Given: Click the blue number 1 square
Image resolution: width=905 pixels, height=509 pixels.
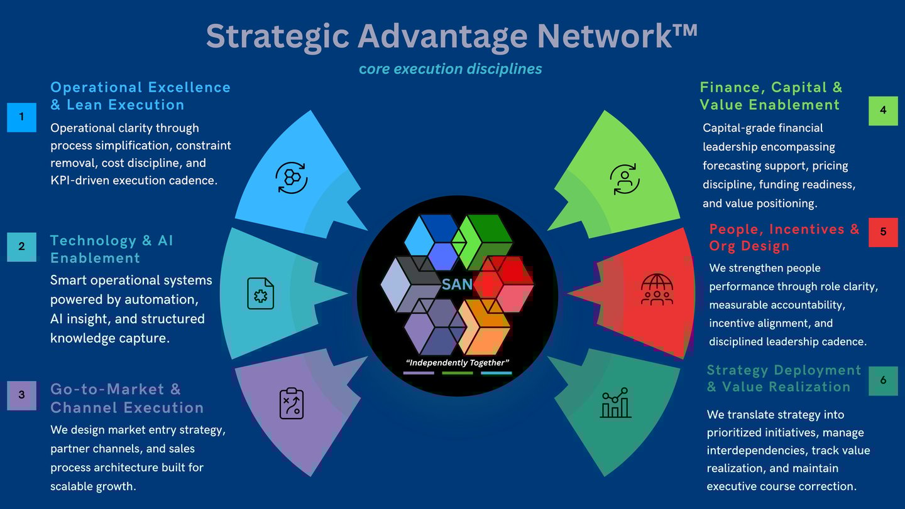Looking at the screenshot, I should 22,117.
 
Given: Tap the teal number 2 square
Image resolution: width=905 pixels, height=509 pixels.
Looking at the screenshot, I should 22,247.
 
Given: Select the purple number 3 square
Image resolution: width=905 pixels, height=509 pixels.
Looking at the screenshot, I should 22,395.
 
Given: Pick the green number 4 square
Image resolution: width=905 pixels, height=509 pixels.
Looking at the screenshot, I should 883,111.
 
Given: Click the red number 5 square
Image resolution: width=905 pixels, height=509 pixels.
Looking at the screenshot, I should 883,232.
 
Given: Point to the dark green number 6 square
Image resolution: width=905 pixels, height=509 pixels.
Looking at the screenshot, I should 883,381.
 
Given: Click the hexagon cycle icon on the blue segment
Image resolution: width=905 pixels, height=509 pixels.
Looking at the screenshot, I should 292,178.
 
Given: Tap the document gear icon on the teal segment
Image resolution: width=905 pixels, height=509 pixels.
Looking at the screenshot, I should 260,293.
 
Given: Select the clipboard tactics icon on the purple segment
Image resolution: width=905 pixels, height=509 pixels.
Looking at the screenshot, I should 292,404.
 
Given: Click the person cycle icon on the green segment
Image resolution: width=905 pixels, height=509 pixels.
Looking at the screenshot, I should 625,179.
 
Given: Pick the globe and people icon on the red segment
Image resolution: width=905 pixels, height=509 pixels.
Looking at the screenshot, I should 657,289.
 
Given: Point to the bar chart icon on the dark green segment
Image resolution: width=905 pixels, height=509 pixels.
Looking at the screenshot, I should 616,403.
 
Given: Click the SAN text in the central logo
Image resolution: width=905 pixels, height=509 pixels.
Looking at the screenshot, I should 457,284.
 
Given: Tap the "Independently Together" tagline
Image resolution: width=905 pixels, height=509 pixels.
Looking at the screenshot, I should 457,363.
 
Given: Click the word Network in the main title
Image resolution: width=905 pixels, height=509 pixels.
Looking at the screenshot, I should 617,36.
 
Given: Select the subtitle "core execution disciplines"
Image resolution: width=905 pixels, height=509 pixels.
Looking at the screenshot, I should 451,68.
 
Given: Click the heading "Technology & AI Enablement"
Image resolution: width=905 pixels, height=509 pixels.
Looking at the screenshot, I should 112,249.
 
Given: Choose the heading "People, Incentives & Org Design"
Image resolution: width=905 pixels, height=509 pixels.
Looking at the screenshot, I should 784,237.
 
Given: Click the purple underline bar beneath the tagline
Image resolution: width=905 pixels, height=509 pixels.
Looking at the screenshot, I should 419,373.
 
